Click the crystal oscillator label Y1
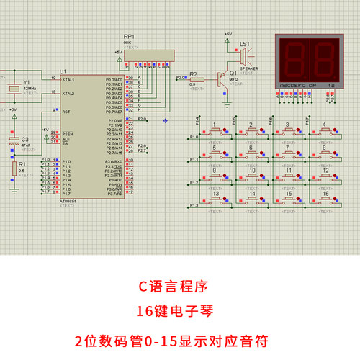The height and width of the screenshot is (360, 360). (x=26, y=82)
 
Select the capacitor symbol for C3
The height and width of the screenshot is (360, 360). (x=13, y=144)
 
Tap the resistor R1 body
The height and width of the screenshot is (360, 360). (x=14, y=169)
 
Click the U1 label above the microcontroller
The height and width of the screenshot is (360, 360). (x=63, y=71)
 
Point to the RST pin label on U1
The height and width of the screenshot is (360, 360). (x=66, y=112)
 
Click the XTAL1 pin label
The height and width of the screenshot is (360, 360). (x=68, y=79)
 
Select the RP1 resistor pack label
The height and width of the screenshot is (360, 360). (x=129, y=36)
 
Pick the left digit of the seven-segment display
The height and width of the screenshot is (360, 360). (x=294, y=57)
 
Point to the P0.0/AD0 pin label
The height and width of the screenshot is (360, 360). (x=114, y=79)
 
